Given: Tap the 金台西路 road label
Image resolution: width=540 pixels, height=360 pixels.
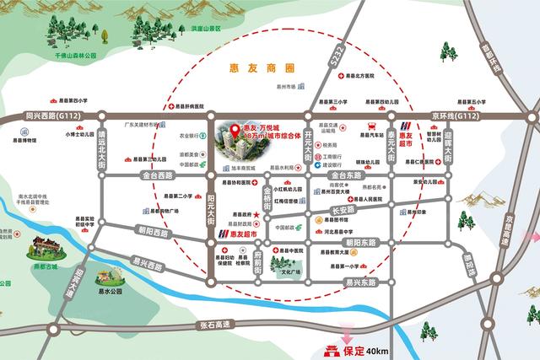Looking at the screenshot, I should (157, 175).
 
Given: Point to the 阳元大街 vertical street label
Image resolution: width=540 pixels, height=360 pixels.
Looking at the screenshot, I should (211, 204).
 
